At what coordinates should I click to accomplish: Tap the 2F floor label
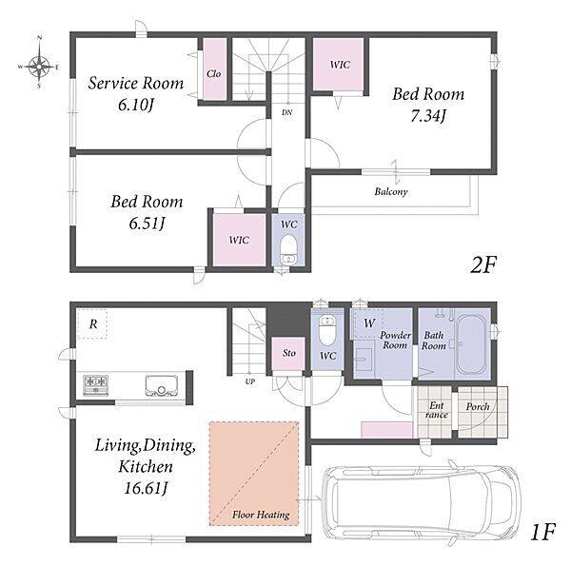pyautogui.click(x=482, y=264)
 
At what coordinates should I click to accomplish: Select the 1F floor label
pyautogui.click(x=542, y=532)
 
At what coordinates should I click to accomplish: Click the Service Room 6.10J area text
pyautogui.click(x=136, y=93)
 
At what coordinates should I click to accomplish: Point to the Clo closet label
pyautogui.click(x=214, y=73)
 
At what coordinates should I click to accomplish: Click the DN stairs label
pyautogui.click(x=287, y=112)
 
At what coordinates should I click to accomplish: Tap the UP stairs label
pyautogui.click(x=249, y=381)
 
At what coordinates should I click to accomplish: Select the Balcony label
pyautogui.click(x=391, y=191)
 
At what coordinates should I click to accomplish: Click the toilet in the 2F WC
pyautogui.click(x=288, y=249)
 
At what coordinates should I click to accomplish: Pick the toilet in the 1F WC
pyautogui.click(x=327, y=330)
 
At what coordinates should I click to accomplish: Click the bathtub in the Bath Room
pyautogui.click(x=471, y=344)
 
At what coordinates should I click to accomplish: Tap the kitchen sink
pyautogui.click(x=162, y=385)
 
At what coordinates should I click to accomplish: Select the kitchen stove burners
pyautogui.click(x=96, y=385)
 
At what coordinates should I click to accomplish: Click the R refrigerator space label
pyautogui.click(x=93, y=323)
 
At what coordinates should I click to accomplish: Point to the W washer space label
pyautogui.click(x=369, y=322)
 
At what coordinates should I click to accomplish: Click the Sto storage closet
pyautogui.click(x=288, y=354)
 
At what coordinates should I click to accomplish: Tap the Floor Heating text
pyautogui.click(x=261, y=515)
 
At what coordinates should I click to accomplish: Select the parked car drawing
pyautogui.click(x=422, y=502)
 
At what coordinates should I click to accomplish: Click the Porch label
pyautogui.click(x=478, y=406)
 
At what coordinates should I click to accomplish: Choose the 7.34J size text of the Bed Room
pyautogui.click(x=428, y=116)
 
